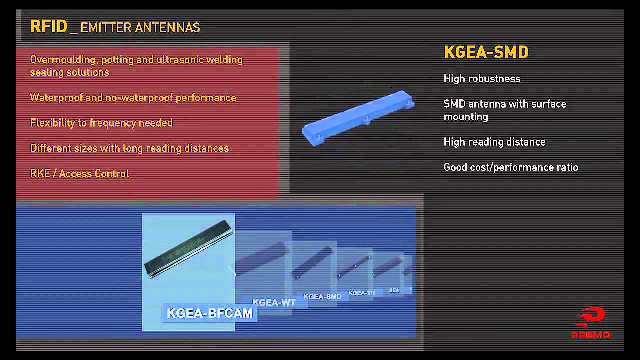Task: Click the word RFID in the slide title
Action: (x=48, y=26)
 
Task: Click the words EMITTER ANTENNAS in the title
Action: (x=140, y=28)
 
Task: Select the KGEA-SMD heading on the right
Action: (x=486, y=52)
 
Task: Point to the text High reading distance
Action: (x=494, y=142)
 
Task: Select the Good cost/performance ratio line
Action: (x=510, y=167)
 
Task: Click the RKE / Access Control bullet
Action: (x=80, y=174)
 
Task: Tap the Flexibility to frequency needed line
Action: (x=101, y=123)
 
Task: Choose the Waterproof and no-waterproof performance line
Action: (x=133, y=98)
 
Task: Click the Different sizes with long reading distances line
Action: (x=129, y=148)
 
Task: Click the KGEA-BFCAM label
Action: (x=209, y=313)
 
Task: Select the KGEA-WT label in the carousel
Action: (x=274, y=302)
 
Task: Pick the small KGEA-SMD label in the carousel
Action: (x=322, y=296)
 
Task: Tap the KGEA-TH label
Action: (x=361, y=293)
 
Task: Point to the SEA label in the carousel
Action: (x=394, y=290)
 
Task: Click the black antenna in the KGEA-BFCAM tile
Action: (x=189, y=247)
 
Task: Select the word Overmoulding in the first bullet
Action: (x=63, y=60)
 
